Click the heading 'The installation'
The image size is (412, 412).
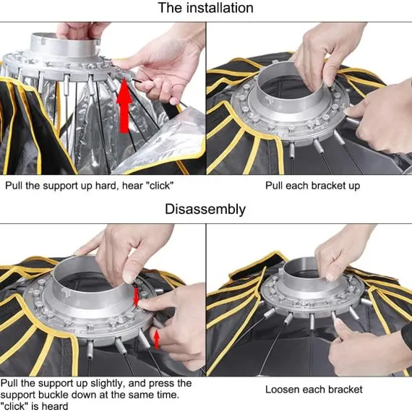206,8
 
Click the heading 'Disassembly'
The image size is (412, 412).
205,210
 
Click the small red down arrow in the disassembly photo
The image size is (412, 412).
136,296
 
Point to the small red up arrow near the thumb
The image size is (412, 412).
156,339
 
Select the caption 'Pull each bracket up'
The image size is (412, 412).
312,186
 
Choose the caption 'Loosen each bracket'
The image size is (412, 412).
314,389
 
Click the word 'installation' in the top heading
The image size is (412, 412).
220,8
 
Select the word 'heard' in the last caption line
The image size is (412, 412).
55,406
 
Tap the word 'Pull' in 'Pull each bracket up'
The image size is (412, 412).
273,186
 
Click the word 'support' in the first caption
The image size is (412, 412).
60,186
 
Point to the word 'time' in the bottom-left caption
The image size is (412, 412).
168,395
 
